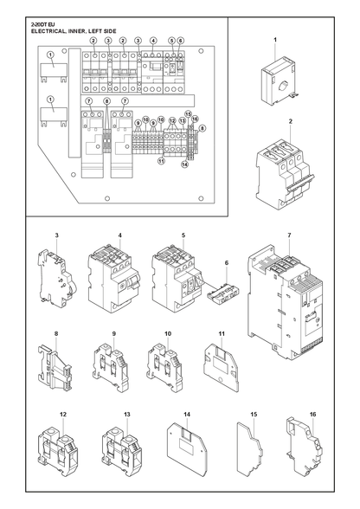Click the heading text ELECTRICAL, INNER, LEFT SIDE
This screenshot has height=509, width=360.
(74, 31)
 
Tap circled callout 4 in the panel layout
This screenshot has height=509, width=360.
(153, 41)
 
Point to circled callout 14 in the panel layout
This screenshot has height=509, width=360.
(184, 164)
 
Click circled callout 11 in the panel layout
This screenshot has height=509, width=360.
(162, 160)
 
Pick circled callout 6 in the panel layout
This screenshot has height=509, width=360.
(181, 41)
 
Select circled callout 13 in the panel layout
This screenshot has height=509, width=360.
(183, 120)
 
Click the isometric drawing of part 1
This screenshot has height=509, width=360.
(279, 81)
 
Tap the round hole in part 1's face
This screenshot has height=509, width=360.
(283, 87)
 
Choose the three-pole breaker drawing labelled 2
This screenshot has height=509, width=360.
(285, 175)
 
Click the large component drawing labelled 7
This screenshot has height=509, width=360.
(286, 307)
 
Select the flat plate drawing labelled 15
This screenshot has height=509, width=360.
(249, 449)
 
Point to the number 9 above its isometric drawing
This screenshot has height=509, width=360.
(114, 333)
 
